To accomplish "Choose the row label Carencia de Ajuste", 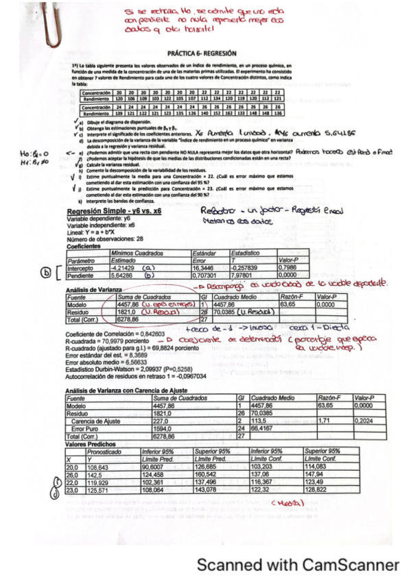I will click(x=106, y=421).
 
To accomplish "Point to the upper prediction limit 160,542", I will click(x=209, y=474).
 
